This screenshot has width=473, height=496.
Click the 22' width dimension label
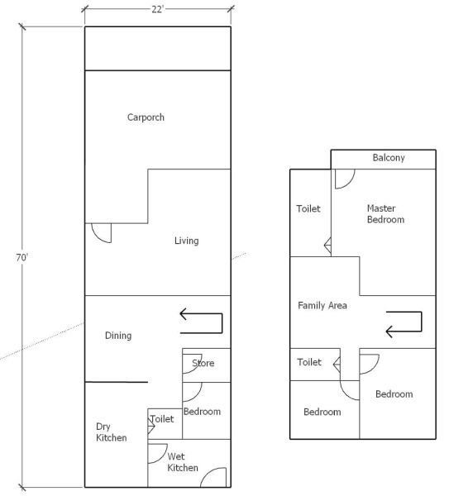157,9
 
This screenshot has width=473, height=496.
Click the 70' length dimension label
21,257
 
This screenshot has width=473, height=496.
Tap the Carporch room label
146,117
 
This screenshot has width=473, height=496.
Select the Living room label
187,241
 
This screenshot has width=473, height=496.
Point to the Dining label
118,336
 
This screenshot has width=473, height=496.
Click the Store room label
203,363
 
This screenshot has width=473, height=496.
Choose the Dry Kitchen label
112,432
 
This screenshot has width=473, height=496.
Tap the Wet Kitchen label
183,462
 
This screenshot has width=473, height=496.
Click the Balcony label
389,158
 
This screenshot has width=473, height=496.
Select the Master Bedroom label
385,214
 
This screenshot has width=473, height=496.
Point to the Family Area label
322,305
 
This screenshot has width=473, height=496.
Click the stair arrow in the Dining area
222,323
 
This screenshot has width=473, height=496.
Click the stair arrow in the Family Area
422,322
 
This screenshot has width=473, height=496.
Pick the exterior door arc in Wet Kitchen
208,472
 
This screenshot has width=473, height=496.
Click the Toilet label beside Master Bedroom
308,209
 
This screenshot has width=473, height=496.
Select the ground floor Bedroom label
202,412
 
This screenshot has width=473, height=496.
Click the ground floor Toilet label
162,419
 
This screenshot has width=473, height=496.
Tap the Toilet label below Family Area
309,362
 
